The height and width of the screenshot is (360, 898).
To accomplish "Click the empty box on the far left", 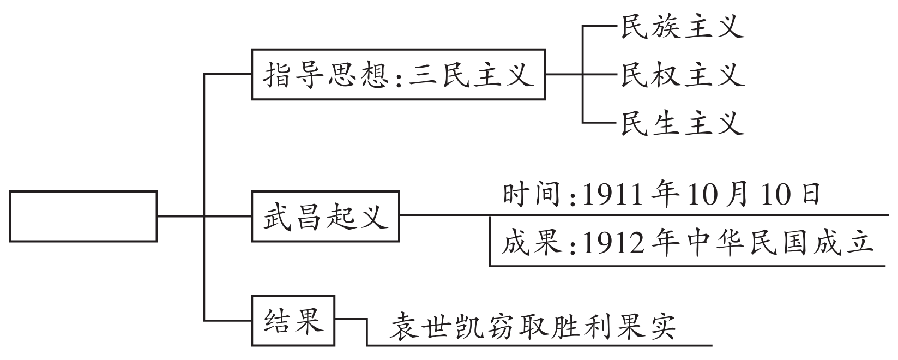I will (x=83, y=216).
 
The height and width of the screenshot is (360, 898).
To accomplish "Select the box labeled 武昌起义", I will (x=325, y=216).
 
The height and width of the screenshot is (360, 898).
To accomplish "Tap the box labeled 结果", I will (x=293, y=320).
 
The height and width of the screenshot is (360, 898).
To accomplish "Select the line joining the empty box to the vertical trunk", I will (x=180, y=216).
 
